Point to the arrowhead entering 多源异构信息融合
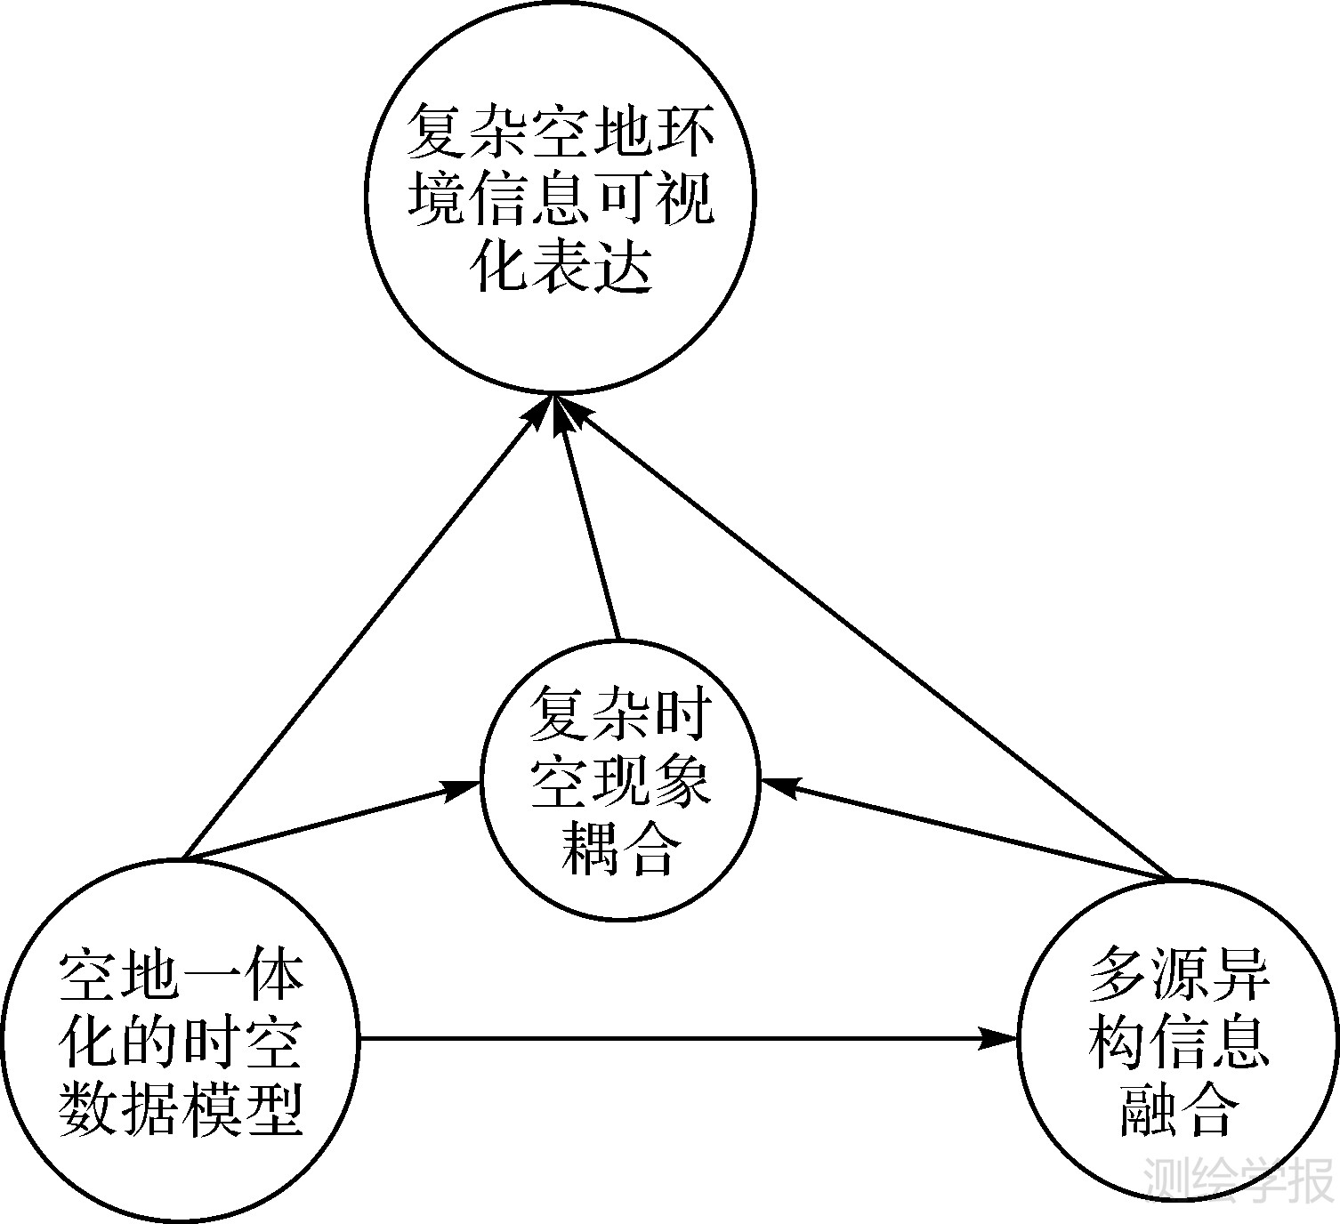tap(999, 1037)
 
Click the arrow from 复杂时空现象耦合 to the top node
tap(587, 525)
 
